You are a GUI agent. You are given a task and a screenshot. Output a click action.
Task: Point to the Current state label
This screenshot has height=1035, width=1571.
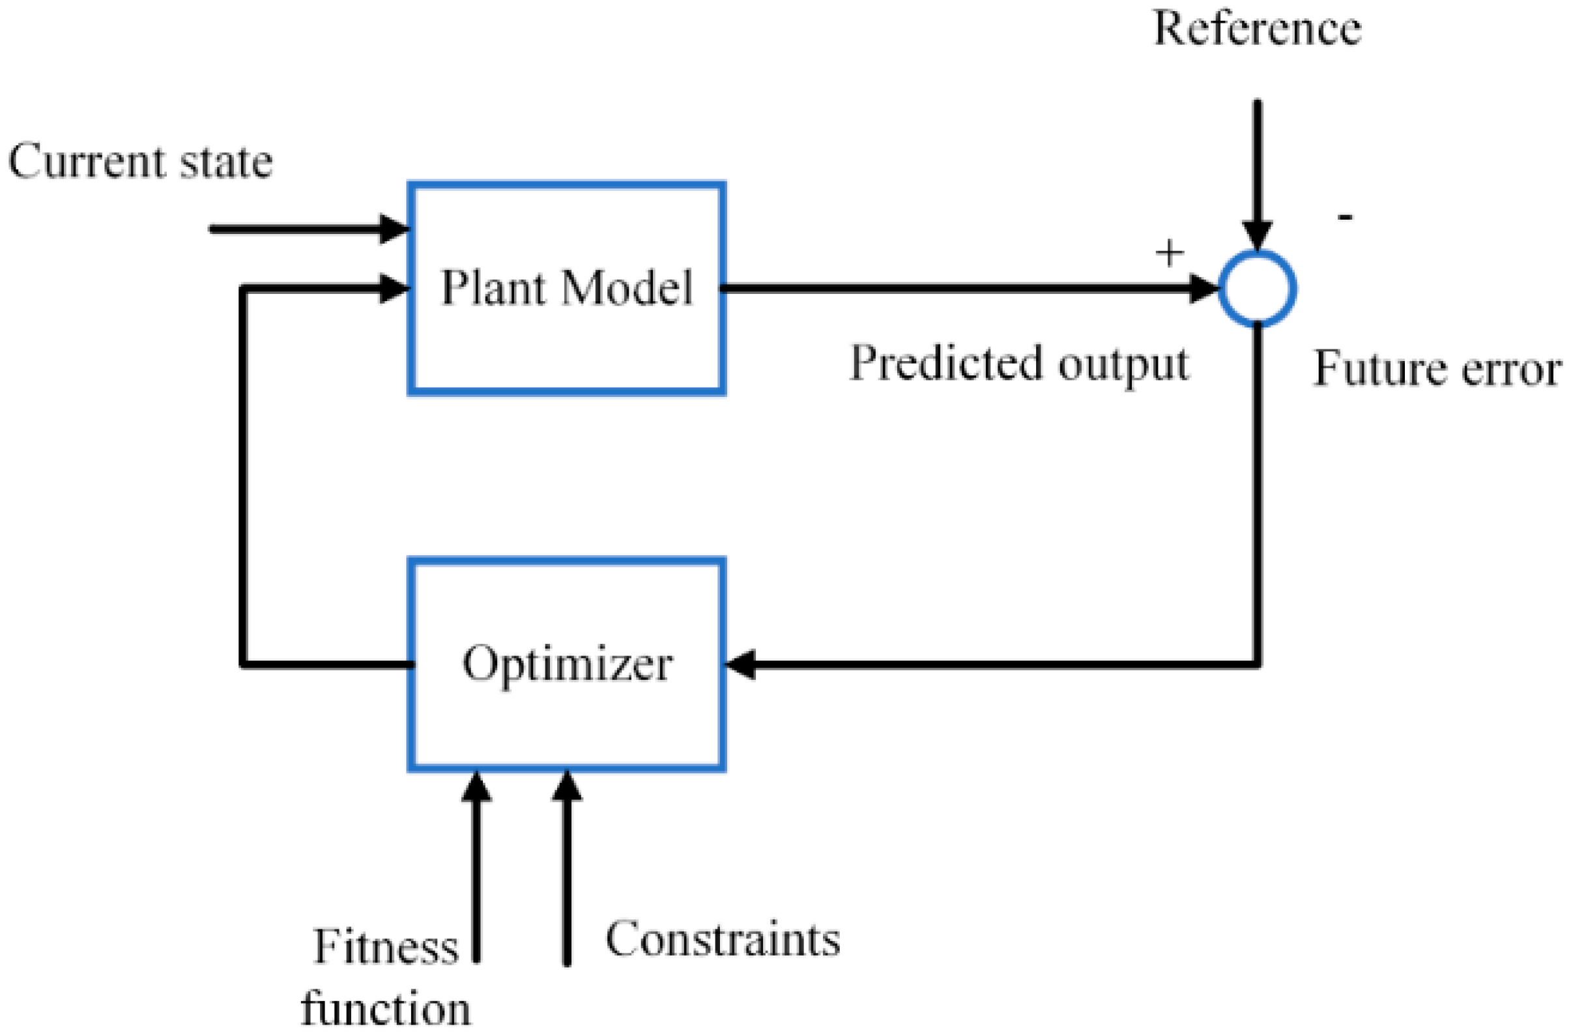140,160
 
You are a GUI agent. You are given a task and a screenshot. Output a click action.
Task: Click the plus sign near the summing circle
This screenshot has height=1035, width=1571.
1170,253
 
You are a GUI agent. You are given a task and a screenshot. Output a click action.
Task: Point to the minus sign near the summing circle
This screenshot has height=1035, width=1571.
1345,216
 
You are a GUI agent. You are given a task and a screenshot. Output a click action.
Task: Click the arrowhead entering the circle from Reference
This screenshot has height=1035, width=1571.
1257,236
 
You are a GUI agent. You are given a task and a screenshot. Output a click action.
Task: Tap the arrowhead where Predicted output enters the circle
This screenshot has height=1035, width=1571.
1204,289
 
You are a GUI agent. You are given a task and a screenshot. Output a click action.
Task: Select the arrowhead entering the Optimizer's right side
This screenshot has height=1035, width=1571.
740,664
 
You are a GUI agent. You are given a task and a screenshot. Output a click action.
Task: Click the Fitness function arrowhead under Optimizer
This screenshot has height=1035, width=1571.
476,786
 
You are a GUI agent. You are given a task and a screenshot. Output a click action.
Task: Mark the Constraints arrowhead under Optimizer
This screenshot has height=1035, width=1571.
566,786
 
